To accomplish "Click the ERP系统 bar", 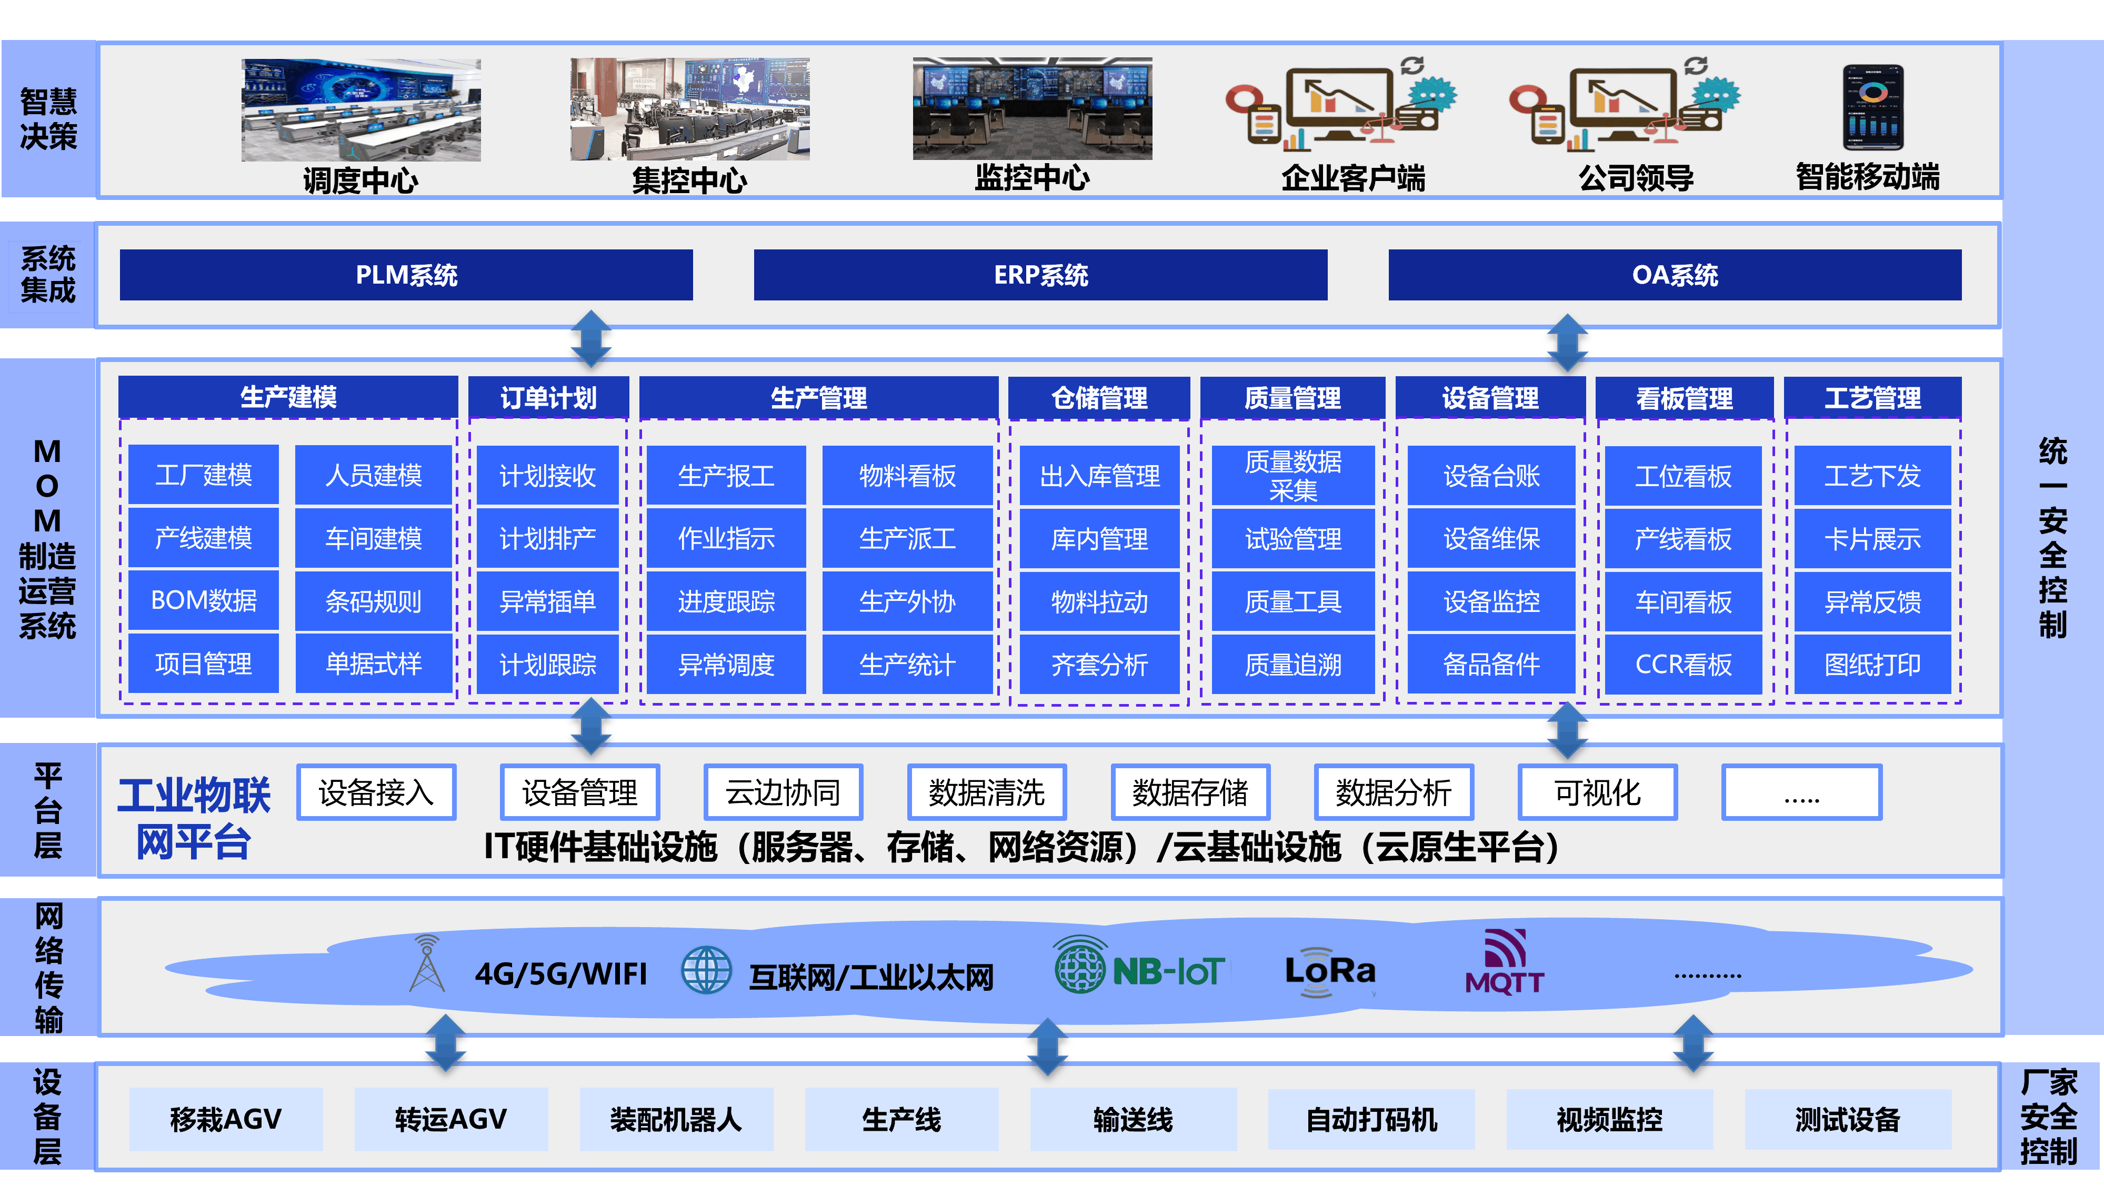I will [x=1040, y=275].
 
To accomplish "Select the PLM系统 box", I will [x=406, y=275].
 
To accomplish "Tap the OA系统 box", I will [x=1675, y=275].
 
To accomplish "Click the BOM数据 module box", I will [x=203, y=601].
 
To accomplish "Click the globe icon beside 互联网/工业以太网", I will [x=706, y=970].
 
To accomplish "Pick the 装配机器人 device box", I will [x=676, y=1119].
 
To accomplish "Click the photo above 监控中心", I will [x=1031, y=108].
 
